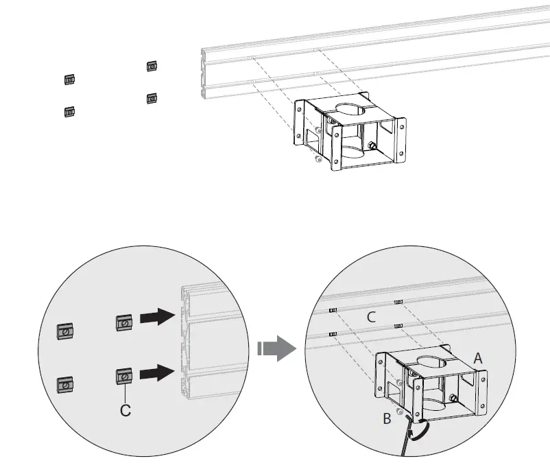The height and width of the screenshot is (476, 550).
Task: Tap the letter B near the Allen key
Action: click(387, 418)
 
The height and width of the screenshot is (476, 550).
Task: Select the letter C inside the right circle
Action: click(371, 317)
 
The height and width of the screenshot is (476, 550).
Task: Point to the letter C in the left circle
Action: click(125, 410)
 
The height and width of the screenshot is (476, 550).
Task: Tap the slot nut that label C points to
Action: click(124, 377)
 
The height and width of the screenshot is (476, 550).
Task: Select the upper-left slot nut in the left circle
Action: click(65, 331)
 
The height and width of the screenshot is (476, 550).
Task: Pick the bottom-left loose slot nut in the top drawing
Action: click(69, 111)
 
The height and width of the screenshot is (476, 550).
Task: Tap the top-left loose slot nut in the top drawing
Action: click(69, 79)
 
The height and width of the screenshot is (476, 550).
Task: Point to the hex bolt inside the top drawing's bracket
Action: click(372, 146)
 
